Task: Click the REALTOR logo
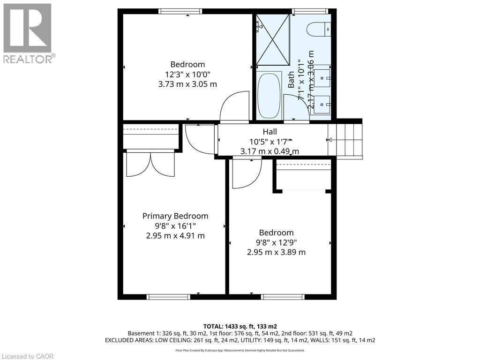point(28,33)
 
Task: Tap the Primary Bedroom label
point(175,216)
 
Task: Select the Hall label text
point(270,132)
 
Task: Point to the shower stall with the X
point(272,39)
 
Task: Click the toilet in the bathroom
point(319,29)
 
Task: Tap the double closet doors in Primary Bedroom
point(150,164)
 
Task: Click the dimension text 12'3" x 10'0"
point(187,74)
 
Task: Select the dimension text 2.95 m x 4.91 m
point(175,235)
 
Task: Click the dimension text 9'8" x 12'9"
point(277,242)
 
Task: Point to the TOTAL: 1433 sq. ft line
point(240,326)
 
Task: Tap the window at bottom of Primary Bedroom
point(168,297)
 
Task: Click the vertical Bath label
point(291,80)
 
